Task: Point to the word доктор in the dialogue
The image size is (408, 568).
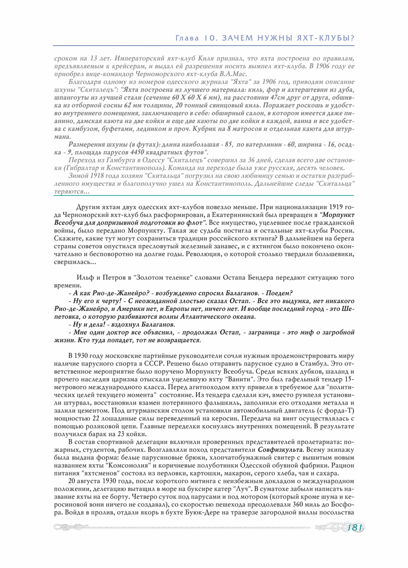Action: [x=116, y=333]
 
